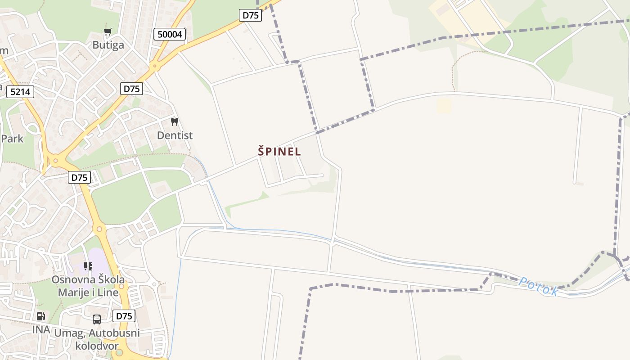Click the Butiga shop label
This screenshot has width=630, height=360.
pos(108,45)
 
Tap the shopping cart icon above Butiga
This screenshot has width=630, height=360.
pos(108,32)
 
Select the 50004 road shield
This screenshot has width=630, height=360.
pos(170,34)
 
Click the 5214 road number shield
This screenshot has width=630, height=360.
pos(20,92)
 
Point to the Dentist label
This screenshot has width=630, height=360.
pos(175,135)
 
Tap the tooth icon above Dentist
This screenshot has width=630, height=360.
pos(175,121)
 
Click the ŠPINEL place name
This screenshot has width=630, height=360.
pos(279,152)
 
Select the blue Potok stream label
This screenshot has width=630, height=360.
pos(538,286)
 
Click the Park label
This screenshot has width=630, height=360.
pos(12,138)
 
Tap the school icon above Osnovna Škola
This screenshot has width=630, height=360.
pos(88,266)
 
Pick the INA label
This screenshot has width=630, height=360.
pos(41,330)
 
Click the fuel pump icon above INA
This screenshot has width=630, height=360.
pos(41,316)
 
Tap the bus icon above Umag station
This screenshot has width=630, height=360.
pos(97,319)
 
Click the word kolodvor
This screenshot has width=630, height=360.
pos(97,346)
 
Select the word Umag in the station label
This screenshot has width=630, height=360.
pos(68,333)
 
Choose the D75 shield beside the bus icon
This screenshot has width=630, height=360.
pos(124,316)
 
